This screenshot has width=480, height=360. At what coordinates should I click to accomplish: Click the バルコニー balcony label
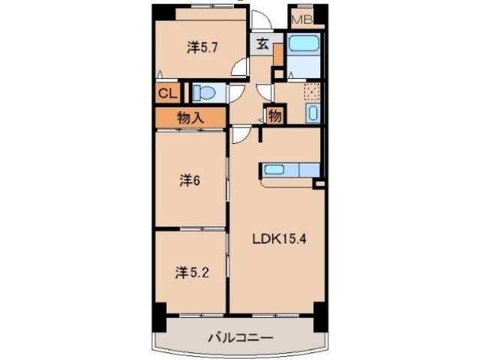[240, 338]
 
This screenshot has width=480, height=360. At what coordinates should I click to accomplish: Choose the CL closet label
[166, 94]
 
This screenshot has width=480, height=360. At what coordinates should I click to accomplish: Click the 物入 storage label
[190, 117]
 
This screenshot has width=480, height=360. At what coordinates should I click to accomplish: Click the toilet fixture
[204, 94]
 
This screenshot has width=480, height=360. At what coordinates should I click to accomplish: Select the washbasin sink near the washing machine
[313, 114]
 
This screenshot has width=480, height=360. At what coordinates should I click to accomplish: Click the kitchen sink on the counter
[274, 169]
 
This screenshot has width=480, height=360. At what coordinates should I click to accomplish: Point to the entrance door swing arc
[259, 21]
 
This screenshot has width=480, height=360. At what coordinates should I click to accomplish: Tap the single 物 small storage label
[274, 116]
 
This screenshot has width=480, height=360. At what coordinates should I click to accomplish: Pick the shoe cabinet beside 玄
[277, 54]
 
